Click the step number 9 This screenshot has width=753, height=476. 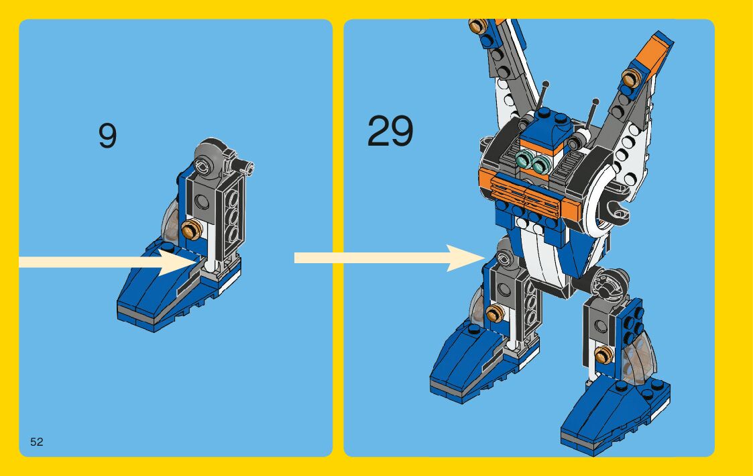click(107, 136)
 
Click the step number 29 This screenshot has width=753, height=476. click(390, 131)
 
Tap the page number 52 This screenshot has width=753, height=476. click(36, 441)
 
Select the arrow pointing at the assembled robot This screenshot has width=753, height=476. click(389, 258)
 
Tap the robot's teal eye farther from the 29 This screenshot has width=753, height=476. click(538, 162)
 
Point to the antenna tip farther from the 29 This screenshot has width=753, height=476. click(594, 101)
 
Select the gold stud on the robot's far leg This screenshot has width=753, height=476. click(608, 353)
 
